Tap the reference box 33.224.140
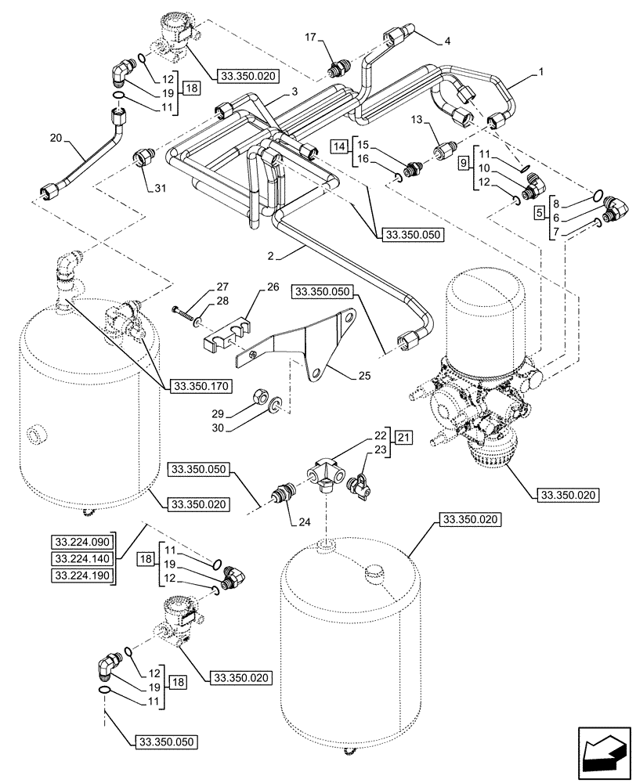(82, 558)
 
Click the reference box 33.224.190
(82, 576)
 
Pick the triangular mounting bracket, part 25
(317, 345)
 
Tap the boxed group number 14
(338, 146)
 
